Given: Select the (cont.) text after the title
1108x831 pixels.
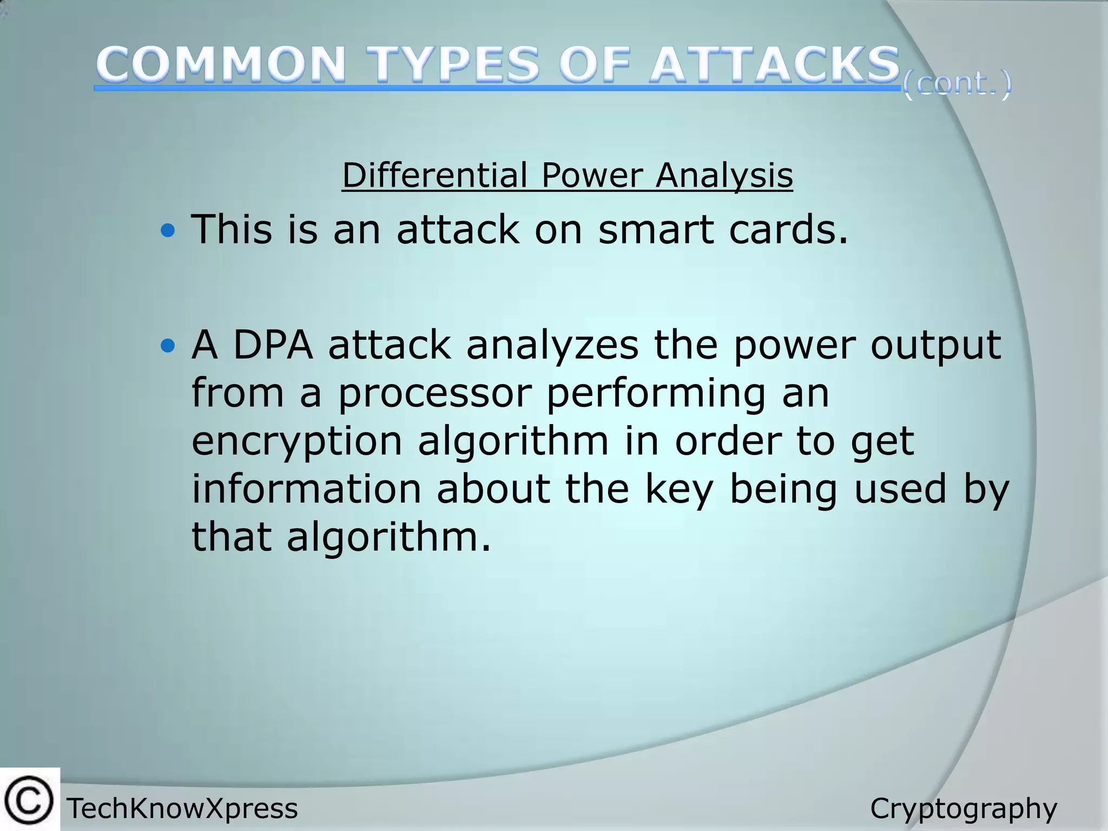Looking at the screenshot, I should tap(956, 85).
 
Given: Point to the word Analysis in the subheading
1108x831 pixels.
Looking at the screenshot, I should tap(724, 176).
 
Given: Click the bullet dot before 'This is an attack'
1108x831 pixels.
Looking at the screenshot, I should tap(168, 232).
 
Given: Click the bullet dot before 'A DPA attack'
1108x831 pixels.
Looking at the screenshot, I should tap(168, 346).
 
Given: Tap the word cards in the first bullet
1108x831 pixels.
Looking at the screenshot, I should tap(788, 229).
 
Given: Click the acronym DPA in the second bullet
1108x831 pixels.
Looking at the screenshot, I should tap(273, 345).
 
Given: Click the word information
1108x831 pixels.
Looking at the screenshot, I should tap(306, 489).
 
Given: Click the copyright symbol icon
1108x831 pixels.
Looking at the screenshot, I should tap(29, 800).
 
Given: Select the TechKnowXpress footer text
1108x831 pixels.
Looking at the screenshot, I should tap(182, 809).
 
